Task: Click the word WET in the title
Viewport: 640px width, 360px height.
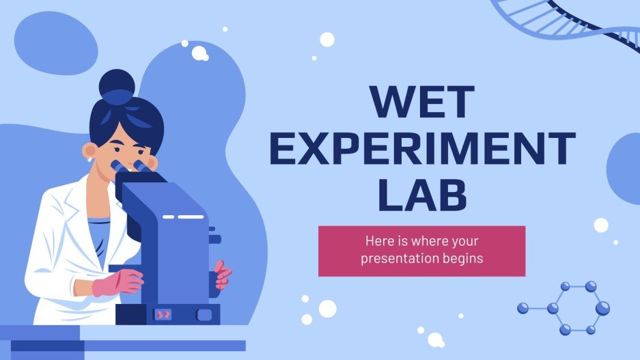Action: (421, 100)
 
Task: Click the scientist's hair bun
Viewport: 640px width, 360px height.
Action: (117, 87)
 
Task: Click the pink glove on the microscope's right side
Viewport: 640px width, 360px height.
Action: (223, 275)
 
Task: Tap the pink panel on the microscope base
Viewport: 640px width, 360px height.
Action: (164, 314)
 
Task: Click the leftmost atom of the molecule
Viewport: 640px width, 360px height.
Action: (523, 308)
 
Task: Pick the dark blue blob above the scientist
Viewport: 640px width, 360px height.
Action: (51, 41)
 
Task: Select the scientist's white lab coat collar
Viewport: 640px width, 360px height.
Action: (82, 205)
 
